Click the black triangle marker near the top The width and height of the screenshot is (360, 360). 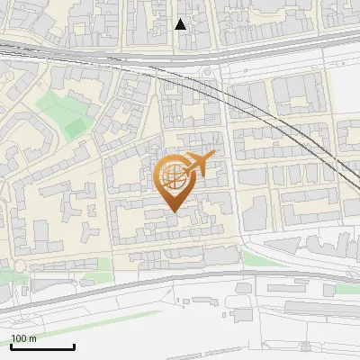(x=181, y=24)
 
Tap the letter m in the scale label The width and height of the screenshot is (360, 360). (x=32, y=338)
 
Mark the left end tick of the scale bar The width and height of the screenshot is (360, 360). (x=11, y=346)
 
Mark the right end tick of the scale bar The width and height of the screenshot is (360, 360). (x=74, y=346)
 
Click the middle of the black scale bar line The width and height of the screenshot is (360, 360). (x=42, y=347)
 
